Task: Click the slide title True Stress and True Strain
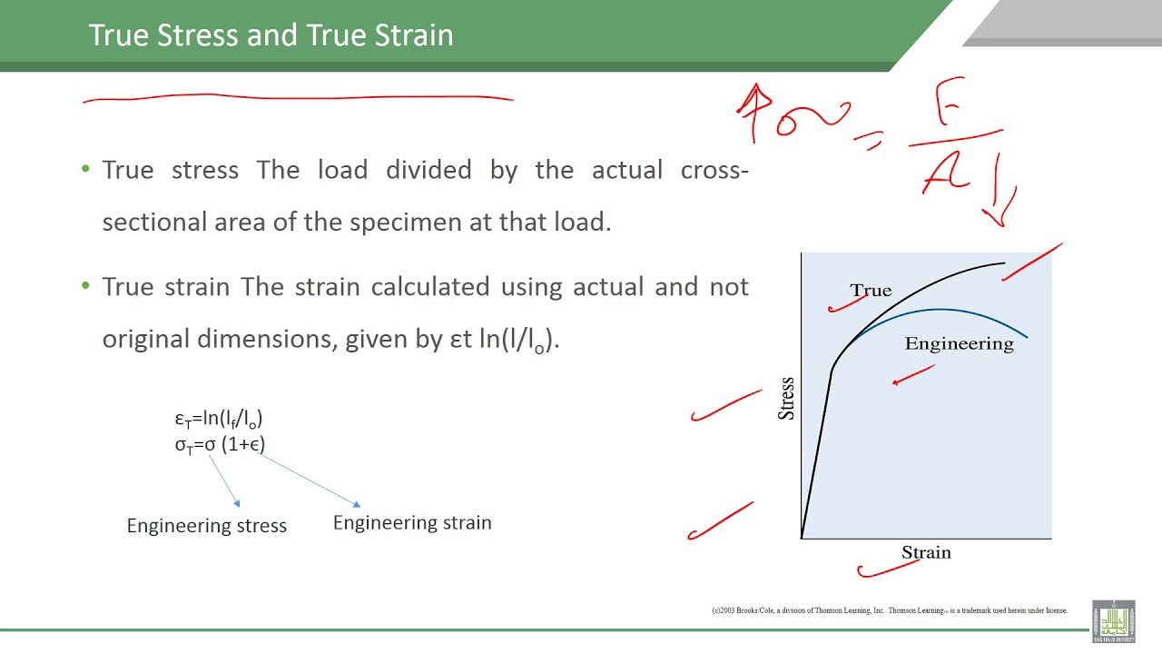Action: pyautogui.click(x=271, y=35)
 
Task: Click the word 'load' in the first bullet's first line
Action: pyautogui.click(x=342, y=170)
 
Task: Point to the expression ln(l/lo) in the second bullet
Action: pyautogui.click(x=518, y=340)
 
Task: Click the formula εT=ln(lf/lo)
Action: pyautogui.click(x=219, y=419)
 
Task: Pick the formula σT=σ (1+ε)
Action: pyautogui.click(x=220, y=444)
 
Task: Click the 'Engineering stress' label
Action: pyautogui.click(x=207, y=526)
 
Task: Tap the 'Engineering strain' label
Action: pyautogui.click(x=412, y=523)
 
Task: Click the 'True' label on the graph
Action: pyautogui.click(x=871, y=291)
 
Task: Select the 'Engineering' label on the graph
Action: pyautogui.click(x=959, y=343)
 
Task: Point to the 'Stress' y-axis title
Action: pyautogui.click(x=786, y=398)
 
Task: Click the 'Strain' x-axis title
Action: pyautogui.click(x=926, y=552)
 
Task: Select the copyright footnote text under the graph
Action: pyautogui.click(x=889, y=610)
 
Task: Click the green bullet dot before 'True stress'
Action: pyautogui.click(x=86, y=170)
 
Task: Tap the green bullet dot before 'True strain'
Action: pyautogui.click(x=86, y=287)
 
